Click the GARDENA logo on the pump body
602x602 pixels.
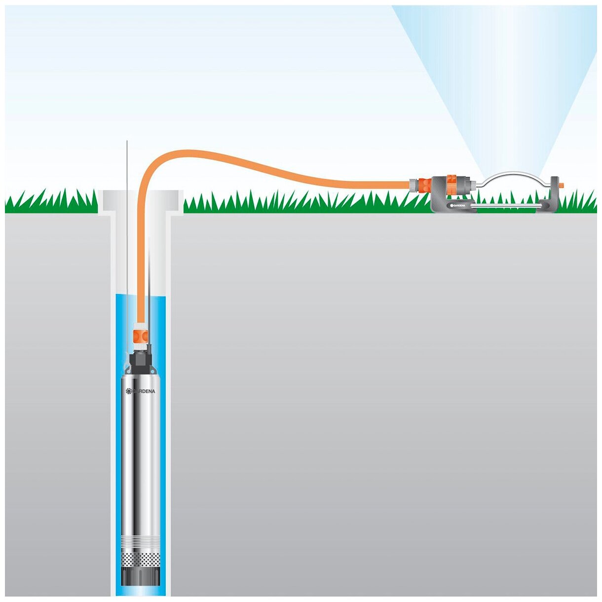point(141,391)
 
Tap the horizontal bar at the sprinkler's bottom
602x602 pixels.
point(508,209)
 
